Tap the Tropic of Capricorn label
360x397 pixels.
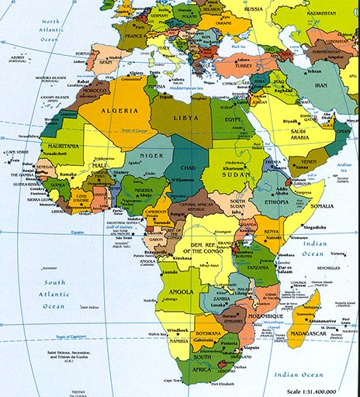77,337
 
